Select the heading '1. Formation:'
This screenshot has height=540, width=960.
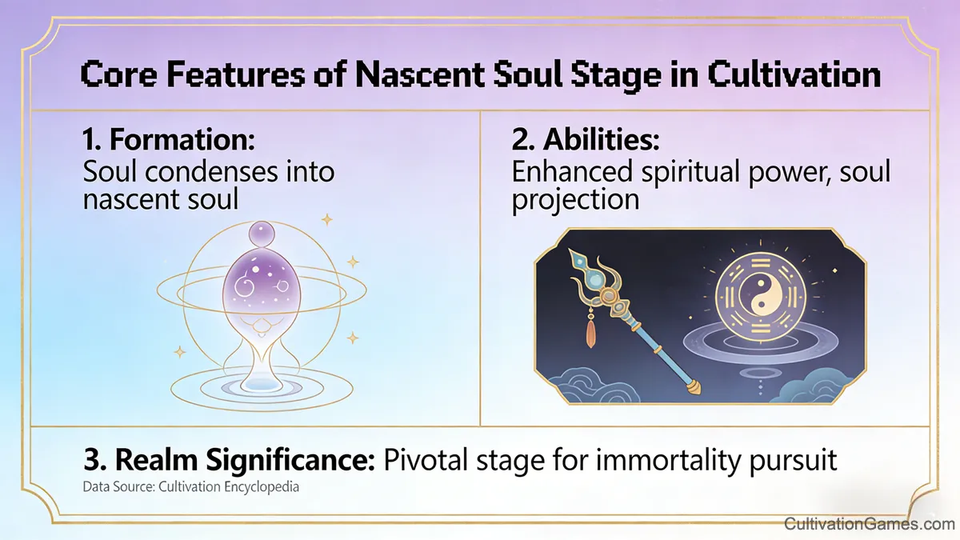coord(168,140)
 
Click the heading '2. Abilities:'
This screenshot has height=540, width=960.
coord(586,140)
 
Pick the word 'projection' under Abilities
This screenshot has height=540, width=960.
coord(575,198)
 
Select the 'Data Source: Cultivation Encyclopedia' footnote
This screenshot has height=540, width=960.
coord(190,486)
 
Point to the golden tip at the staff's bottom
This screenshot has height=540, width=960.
coord(693,390)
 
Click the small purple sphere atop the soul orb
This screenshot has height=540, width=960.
coord(262,234)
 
